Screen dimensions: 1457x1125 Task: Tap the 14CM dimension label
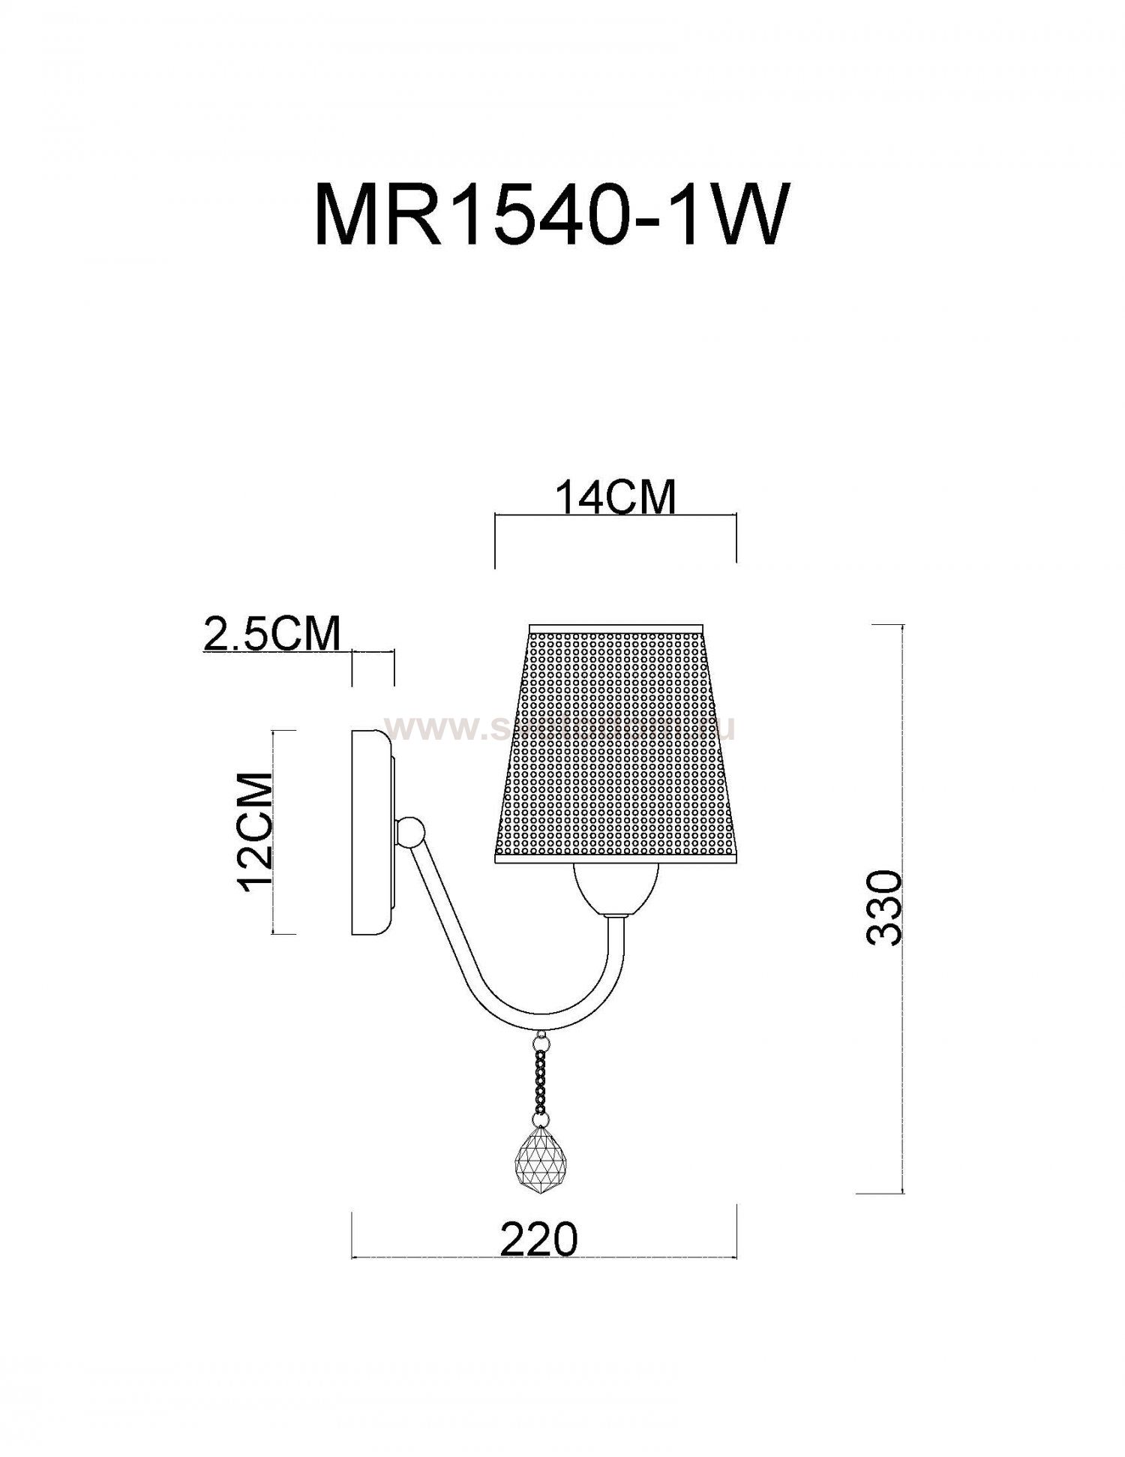615,497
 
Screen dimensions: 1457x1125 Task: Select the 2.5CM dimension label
271,635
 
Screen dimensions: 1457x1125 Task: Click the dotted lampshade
615,743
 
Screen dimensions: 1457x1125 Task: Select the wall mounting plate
370,832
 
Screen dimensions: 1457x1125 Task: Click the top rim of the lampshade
615,627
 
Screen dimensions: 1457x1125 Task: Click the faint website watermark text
559,728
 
